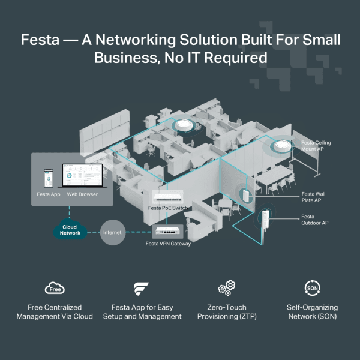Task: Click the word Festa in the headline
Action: point(40,41)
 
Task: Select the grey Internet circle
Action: point(112,231)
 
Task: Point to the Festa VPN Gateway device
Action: point(170,230)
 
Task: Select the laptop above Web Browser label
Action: point(82,178)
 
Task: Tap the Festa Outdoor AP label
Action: point(315,220)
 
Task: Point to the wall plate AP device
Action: point(245,194)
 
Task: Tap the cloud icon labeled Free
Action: point(55,288)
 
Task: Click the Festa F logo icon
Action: point(142,288)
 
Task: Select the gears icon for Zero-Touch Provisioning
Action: point(226,288)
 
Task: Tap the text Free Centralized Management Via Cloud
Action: point(55,311)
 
